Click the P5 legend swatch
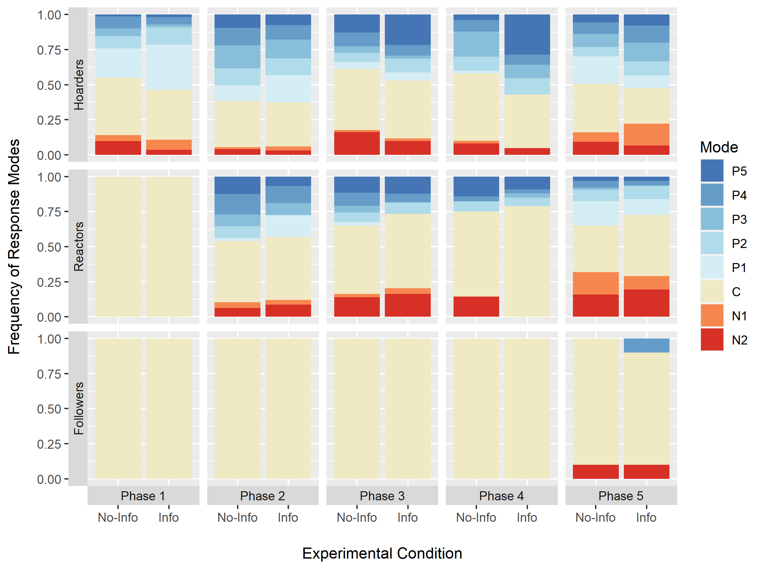[711, 171]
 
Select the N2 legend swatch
[711, 339]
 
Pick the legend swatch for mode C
[711, 292]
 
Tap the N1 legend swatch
[711, 316]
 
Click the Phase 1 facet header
[143, 496]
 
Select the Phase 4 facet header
[501, 496]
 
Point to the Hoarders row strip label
[78, 85]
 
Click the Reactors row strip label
[78, 247]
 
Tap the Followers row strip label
[78, 408]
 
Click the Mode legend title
[719, 147]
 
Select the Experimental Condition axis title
[382, 553]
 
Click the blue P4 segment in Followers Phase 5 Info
[646, 345]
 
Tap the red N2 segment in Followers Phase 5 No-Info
[595, 471]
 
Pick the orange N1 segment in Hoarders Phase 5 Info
[646, 134]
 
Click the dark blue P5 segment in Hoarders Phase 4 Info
[527, 35]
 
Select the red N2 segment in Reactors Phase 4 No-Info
[476, 307]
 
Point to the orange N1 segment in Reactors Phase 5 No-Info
[595, 283]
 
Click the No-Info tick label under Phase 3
[357, 517]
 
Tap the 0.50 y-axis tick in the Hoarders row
[49, 85]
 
